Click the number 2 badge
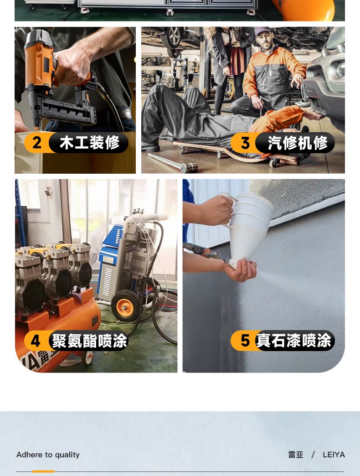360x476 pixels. tap(36, 142)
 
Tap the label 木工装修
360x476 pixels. tap(89, 142)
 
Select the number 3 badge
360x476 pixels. tap(245, 143)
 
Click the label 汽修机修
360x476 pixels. tap(298, 143)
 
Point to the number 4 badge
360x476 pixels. tap(36, 341)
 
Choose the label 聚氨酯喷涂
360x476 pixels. tap(89, 341)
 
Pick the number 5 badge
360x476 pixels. tap(245, 340)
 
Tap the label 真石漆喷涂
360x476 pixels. tap(293, 340)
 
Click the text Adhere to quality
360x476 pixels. tap(48, 455)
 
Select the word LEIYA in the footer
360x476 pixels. tap(334, 455)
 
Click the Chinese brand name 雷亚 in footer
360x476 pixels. tap(296, 455)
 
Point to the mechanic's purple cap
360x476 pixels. tap(262, 31)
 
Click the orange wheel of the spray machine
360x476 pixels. tap(125, 307)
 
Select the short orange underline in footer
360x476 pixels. tap(43, 471)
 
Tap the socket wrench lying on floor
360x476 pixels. tap(173, 163)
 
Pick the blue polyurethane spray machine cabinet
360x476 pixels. tap(111, 264)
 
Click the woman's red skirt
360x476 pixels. tap(237, 59)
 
